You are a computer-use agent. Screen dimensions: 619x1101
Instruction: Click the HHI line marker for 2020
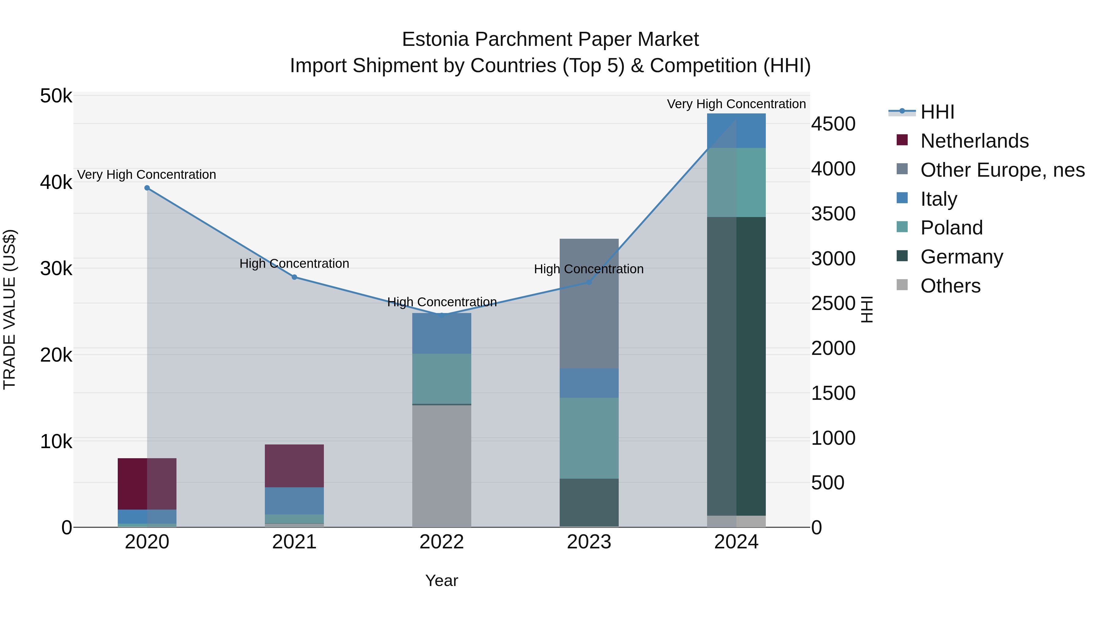pyautogui.click(x=147, y=188)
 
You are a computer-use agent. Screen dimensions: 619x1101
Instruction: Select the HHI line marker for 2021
pyautogui.click(x=295, y=277)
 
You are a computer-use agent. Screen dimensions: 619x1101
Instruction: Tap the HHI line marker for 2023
pyautogui.click(x=589, y=282)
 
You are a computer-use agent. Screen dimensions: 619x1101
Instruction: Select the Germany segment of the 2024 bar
pyautogui.click(x=736, y=366)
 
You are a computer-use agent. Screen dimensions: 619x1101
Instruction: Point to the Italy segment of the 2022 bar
pyautogui.click(x=442, y=333)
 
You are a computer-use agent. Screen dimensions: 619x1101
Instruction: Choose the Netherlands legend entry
pyautogui.click(x=974, y=141)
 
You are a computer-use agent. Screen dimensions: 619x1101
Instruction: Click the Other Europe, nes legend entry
pyautogui.click(x=1002, y=170)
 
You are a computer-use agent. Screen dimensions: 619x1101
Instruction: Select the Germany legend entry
pyautogui.click(x=962, y=257)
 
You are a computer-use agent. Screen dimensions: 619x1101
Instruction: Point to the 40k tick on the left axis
pyautogui.click(x=56, y=182)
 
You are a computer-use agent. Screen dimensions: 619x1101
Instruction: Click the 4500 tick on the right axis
pyautogui.click(x=833, y=124)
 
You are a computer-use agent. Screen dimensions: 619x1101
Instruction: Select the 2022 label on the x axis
pyautogui.click(x=442, y=542)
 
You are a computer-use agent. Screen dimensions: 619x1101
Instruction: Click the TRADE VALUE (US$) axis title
pyautogui.click(x=9, y=310)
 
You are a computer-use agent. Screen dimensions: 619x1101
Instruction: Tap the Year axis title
pyautogui.click(x=442, y=580)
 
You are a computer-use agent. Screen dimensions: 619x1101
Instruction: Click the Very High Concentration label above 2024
pyautogui.click(x=736, y=104)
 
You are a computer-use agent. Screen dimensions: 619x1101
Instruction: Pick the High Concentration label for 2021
pyautogui.click(x=295, y=263)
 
